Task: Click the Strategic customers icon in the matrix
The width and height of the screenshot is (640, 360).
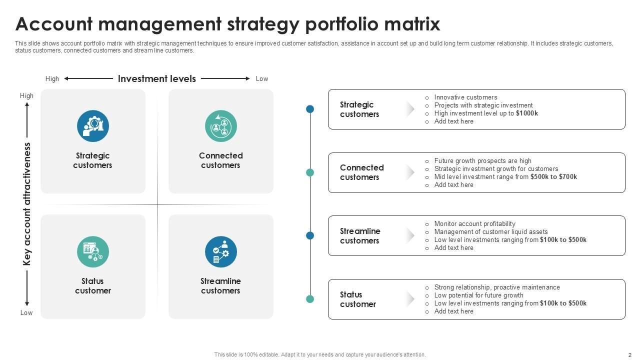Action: [93, 126]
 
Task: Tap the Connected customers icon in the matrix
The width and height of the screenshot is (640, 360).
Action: [221, 126]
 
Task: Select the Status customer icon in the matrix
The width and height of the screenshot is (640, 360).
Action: [93, 252]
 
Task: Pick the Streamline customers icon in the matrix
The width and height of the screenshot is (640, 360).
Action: [221, 252]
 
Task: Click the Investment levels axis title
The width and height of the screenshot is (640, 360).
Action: [157, 78]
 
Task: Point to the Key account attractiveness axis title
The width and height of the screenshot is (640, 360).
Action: [27, 204]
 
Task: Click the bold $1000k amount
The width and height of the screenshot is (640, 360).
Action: [527, 113]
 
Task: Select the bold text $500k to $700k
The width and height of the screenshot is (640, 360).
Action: [553, 177]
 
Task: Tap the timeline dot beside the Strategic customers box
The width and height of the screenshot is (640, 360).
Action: [310, 109]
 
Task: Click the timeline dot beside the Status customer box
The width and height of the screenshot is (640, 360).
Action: [310, 299]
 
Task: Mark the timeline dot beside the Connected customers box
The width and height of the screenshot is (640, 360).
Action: [310, 172]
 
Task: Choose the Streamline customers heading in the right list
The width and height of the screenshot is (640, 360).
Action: [360, 236]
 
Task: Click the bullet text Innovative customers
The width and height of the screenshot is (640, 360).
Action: [465, 97]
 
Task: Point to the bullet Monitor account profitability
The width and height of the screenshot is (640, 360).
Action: [474, 224]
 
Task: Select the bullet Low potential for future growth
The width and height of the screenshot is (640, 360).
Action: [478, 295]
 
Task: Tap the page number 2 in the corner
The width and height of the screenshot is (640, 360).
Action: [630, 354]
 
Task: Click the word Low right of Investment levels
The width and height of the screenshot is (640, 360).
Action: [262, 79]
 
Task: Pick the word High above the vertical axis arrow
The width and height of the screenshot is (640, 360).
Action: [27, 96]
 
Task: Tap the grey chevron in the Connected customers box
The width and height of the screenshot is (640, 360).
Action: [410, 172]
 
